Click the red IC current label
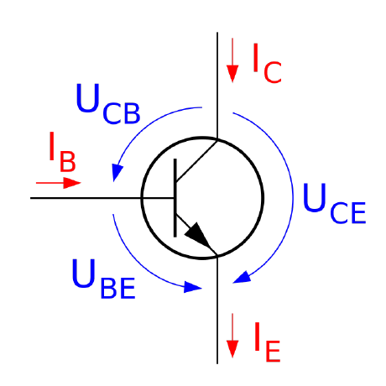click(267, 64)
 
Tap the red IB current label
click(62, 152)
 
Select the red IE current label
click(267, 342)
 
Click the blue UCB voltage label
click(108, 104)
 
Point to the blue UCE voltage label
click(335, 203)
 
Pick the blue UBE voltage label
click(104, 279)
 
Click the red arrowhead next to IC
click(232, 74)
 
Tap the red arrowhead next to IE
click(232, 349)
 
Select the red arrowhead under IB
click(72, 183)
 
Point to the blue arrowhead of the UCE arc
click(242, 278)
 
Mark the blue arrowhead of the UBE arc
click(192, 287)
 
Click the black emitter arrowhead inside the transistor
click(201, 237)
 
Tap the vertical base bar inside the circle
click(175, 198)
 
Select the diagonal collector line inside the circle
click(196, 161)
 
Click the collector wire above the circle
click(217, 85)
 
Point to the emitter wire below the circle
click(217, 310)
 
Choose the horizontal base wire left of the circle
click(86, 198)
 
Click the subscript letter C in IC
click(273, 72)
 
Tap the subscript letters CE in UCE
click(348, 212)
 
